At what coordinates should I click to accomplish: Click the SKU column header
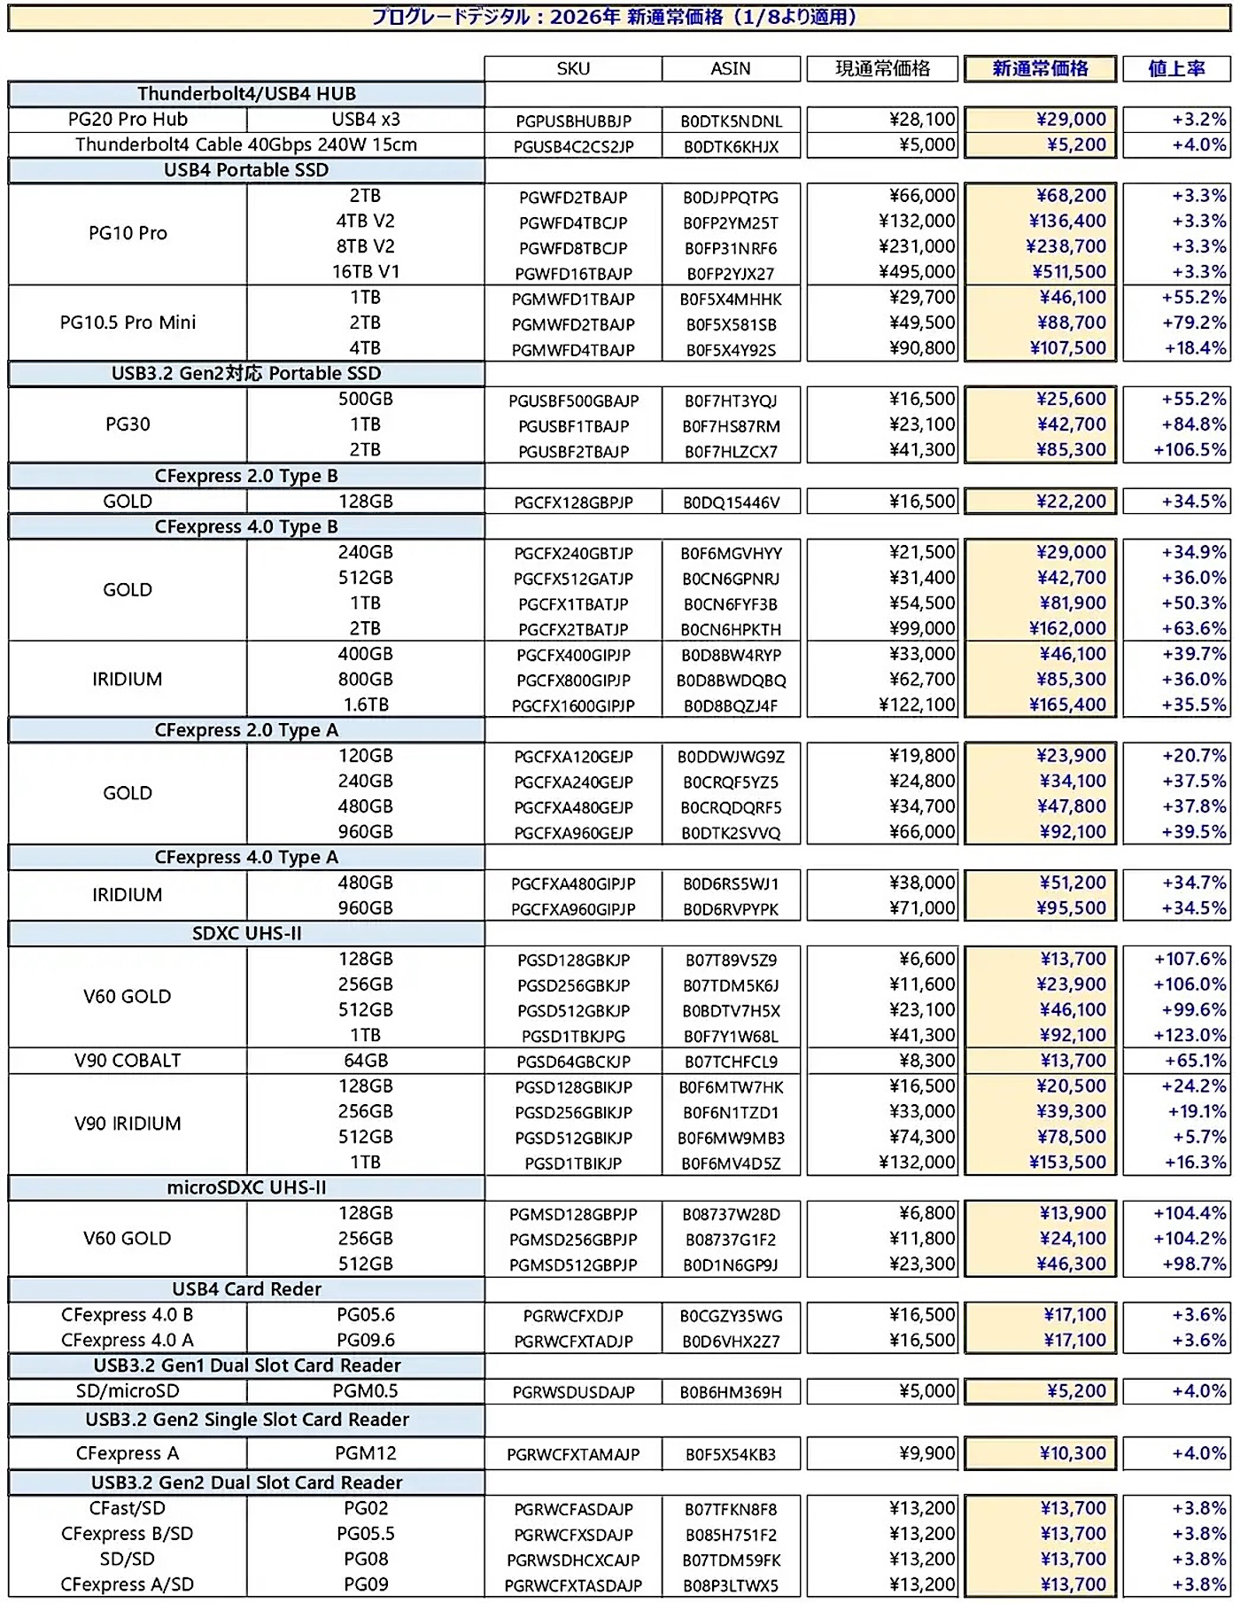[x=573, y=69]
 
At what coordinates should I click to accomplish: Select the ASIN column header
[x=731, y=69]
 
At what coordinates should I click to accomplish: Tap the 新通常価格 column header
[x=1040, y=69]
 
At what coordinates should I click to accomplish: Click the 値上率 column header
[x=1176, y=69]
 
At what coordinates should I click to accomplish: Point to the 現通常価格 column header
[x=882, y=69]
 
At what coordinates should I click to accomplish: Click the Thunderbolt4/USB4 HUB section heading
[x=246, y=94]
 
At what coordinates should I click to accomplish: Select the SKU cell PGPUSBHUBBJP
[x=573, y=121]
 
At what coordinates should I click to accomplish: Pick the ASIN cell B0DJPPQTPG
[x=731, y=197]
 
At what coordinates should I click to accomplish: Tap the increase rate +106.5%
[x=1190, y=450]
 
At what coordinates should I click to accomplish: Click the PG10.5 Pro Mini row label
[x=128, y=323]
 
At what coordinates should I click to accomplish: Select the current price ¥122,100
[x=917, y=704]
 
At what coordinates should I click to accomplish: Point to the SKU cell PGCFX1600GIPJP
[x=573, y=706]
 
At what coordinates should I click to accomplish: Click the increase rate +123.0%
[x=1190, y=1035]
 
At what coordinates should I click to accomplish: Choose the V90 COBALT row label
[x=128, y=1061]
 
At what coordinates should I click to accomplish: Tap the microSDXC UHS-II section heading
[x=246, y=1187]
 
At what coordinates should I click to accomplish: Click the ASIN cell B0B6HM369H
[x=731, y=1392]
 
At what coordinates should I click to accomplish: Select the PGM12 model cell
[x=365, y=1453]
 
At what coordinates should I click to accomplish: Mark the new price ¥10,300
[x=1073, y=1453]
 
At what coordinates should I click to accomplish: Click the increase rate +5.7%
[x=1199, y=1137]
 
